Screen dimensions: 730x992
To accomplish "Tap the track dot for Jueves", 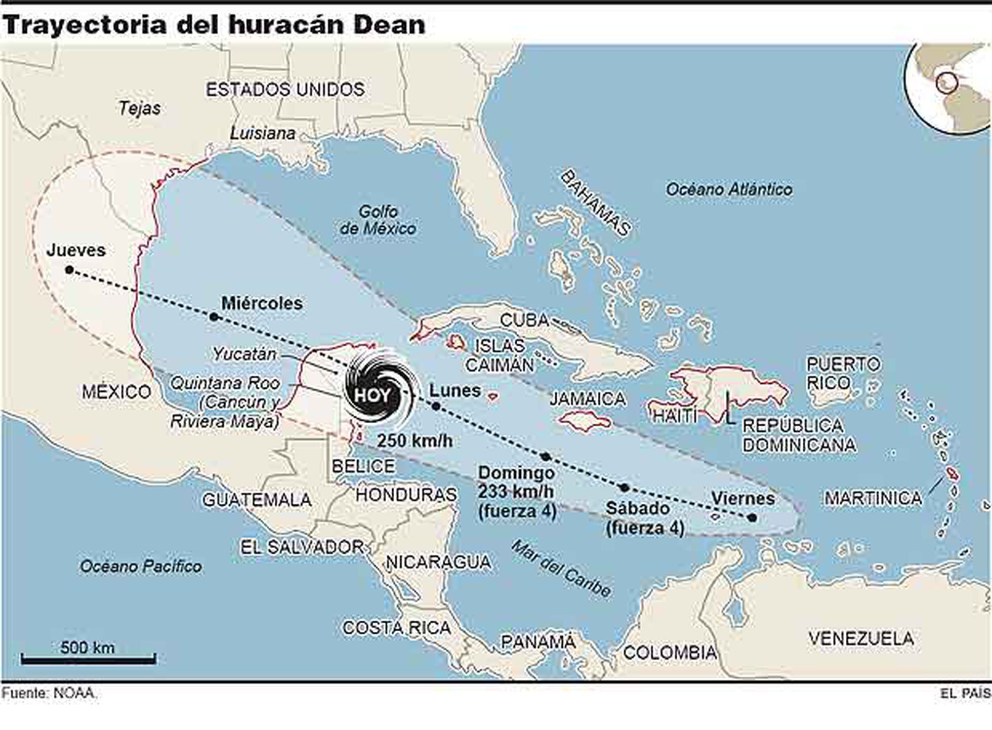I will pyautogui.click(x=69, y=270).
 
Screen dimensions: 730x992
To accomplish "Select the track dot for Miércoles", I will pyautogui.click(x=214, y=317).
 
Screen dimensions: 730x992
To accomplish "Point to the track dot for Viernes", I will pyautogui.click(x=752, y=517).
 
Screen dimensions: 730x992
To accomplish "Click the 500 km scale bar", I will pyautogui.click(x=88, y=658).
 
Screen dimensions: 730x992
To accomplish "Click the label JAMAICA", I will pyautogui.click(x=587, y=399).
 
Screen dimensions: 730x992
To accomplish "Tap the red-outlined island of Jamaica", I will pyautogui.click(x=585, y=420).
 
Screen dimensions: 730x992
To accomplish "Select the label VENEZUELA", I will pyautogui.click(x=861, y=638).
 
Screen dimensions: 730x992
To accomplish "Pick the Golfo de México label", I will pyautogui.click(x=378, y=220).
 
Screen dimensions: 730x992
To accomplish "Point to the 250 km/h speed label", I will pyautogui.click(x=415, y=440).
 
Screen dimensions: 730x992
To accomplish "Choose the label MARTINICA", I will pyautogui.click(x=873, y=498).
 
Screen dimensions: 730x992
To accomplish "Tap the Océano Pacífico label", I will pyautogui.click(x=141, y=566).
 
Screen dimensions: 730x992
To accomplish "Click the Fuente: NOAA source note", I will pyautogui.click(x=49, y=693).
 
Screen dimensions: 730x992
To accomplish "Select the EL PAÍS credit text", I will pyautogui.click(x=965, y=694).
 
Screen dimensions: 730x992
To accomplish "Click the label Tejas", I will pyautogui.click(x=140, y=108).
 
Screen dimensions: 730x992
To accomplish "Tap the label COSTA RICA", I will pyautogui.click(x=396, y=628).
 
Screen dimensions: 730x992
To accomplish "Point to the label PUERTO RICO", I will pyautogui.click(x=843, y=373).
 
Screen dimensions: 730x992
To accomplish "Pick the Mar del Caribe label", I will pyautogui.click(x=561, y=569).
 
